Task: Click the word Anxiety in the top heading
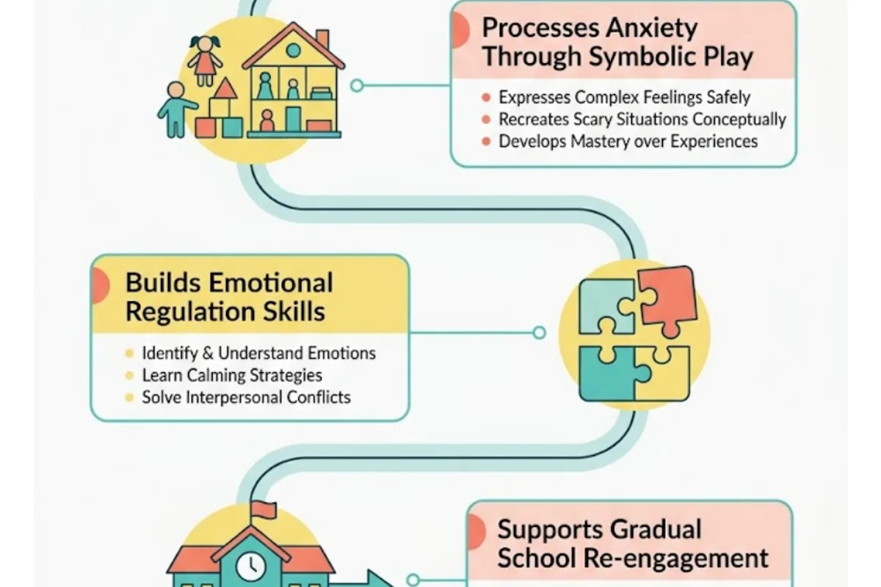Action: tap(651, 29)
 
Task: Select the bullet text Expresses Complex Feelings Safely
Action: tap(625, 98)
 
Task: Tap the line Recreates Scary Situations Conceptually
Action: tap(642, 119)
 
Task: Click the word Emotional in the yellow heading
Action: tap(271, 282)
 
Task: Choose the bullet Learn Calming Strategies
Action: tap(232, 376)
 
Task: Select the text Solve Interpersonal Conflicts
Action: tap(246, 398)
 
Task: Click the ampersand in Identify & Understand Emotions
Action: tap(208, 353)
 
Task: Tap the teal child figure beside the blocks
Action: tap(175, 109)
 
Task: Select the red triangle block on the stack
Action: tap(225, 89)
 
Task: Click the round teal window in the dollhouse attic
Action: tap(294, 51)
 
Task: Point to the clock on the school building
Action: tap(250, 566)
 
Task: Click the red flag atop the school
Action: tap(264, 510)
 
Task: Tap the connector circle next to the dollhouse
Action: tap(357, 85)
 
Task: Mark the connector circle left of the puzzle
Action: tap(539, 332)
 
